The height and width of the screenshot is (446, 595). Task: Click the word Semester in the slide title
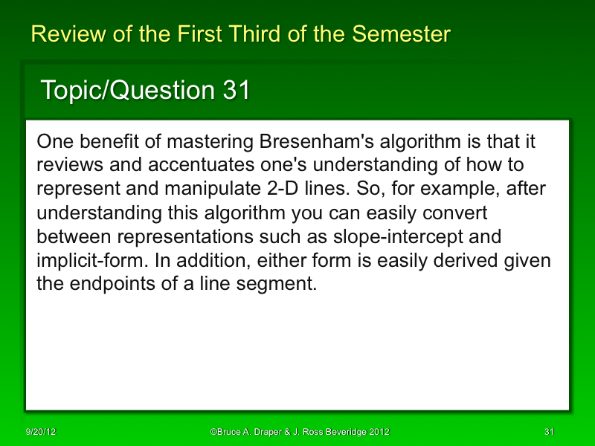401,34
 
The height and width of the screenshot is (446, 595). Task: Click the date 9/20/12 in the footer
41,432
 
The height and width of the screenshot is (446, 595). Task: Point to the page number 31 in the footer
550,432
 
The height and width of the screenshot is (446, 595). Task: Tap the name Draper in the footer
266,432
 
